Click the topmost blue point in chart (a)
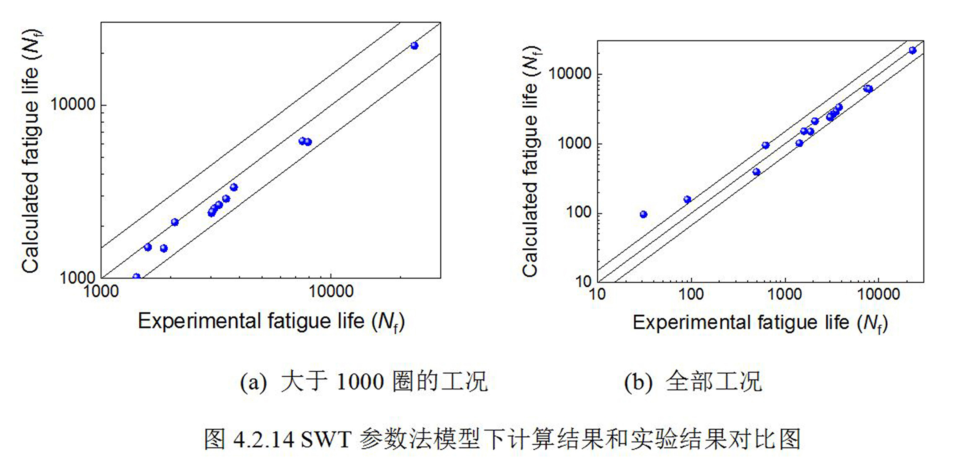pyautogui.click(x=414, y=46)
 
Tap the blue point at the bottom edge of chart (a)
pyautogui.click(x=137, y=277)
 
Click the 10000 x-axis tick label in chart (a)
pyautogui.click(x=331, y=292)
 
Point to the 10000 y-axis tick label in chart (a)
pyautogui.click(x=73, y=104)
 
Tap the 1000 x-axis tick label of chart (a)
pyautogui.click(x=101, y=292)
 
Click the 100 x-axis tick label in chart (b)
pyautogui.click(x=691, y=295)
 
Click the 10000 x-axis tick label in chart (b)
pyautogui.click(x=878, y=295)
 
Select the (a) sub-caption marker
pyautogui.click(x=253, y=383)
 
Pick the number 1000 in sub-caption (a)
pyautogui.click(x=360, y=383)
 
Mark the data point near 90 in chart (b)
pyautogui.click(x=687, y=199)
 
